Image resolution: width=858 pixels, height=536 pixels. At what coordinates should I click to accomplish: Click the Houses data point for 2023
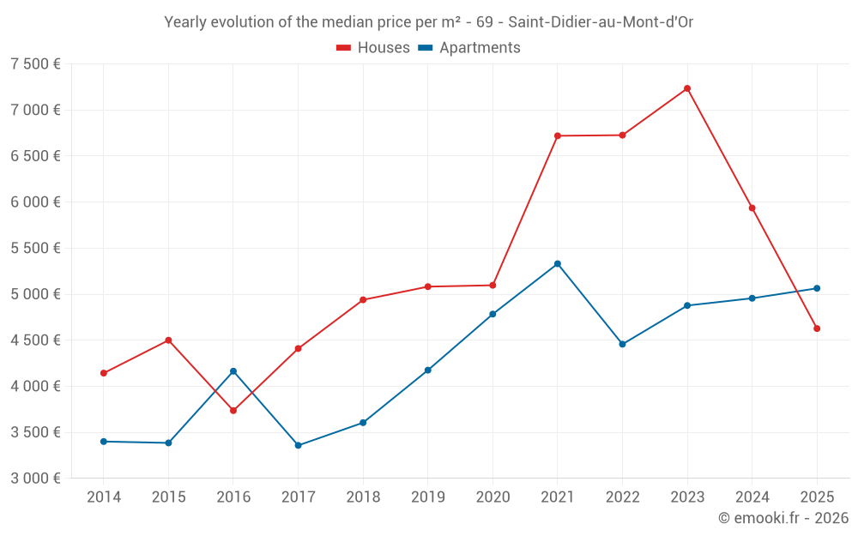pos(687,88)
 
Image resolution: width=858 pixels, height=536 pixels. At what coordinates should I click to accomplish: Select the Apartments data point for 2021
pos(558,264)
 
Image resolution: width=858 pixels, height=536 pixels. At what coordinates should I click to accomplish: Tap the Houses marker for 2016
pos(233,411)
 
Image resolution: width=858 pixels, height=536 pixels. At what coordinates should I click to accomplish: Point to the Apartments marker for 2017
pos(298,445)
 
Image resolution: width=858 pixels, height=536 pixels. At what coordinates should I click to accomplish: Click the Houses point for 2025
pos(817,328)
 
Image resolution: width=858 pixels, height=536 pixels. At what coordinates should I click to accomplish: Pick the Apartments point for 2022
pos(622,344)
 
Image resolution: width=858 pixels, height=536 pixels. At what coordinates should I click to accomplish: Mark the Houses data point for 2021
pos(558,136)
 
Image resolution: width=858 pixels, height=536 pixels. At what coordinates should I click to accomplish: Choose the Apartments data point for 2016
pos(233,371)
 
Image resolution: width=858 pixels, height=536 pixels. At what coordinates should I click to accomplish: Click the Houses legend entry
pos(373,48)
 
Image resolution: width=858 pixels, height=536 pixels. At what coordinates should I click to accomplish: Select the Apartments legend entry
pos(469,48)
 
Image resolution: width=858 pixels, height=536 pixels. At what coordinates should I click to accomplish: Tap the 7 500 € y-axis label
pos(35,64)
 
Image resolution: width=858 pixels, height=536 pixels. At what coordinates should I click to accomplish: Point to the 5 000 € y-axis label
pos(35,294)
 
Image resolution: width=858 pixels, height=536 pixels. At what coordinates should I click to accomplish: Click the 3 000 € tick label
pos(35,479)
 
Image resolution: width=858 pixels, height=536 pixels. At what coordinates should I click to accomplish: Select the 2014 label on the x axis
pos(104,497)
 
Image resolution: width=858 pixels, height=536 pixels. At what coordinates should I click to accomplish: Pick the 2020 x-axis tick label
pos(492,497)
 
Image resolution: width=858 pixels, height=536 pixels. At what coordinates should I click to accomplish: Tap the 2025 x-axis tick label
pos(817,497)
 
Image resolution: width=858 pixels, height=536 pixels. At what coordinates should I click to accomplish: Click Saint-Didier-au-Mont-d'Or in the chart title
pos(601,22)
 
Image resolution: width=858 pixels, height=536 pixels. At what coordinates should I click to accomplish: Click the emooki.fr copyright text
pos(783,518)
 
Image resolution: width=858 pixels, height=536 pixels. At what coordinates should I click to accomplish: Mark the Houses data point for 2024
pos(752,208)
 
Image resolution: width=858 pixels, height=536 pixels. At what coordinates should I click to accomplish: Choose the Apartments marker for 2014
pos(104,442)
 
